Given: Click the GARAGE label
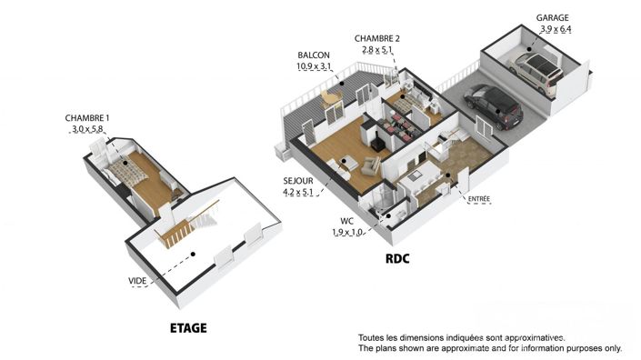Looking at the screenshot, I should [x=554, y=18].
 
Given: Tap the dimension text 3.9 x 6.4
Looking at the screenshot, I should [x=554, y=29].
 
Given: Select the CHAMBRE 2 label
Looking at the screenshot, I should [x=377, y=38].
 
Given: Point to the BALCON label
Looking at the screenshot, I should [x=313, y=55].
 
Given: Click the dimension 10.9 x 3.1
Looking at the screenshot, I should [x=313, y=66].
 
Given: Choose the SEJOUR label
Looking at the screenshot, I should [x=299, y=181].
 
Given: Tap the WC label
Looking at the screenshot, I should [x=347, y=220].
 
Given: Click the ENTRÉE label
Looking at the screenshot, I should [x=479, y=198].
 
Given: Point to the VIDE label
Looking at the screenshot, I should [x=138, y=282].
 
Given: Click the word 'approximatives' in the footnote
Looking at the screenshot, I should [x=530, y=336].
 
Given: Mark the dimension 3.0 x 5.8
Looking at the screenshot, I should [x=87, y=130].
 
